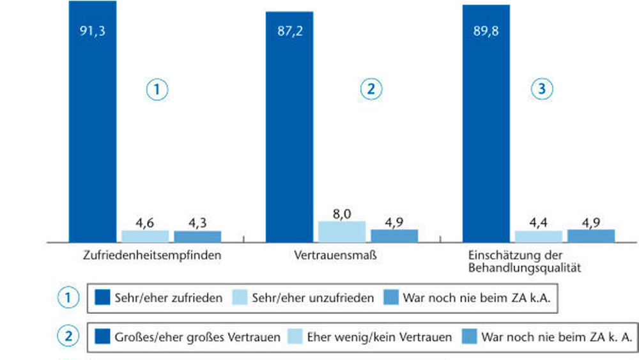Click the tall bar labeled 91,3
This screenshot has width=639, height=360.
click(93, 121)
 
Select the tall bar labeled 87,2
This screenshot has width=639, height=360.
click(289, 127)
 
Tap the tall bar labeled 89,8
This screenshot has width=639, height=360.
click(486, 123)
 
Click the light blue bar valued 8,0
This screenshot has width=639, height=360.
click(342, 232)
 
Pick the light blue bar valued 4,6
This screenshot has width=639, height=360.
click(145, 237)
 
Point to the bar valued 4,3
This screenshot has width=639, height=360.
click(197, 237)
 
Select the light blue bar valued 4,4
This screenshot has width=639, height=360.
click(539, 237)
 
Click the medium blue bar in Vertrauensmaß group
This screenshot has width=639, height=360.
click(394, 236)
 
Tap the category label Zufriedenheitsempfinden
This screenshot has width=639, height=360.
click(152, 256)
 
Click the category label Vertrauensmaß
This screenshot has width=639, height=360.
click(335, 255)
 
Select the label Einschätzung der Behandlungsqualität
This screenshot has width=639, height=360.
click(525, 262)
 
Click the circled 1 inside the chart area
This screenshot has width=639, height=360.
click(157, 90)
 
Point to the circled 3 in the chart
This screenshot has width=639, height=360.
click(542, 89)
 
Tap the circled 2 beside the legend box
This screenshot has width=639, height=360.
click(68, 336)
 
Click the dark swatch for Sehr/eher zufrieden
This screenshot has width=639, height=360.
click(102, 297)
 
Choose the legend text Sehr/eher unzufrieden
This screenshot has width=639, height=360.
click(313, 298)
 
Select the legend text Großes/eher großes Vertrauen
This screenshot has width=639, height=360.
click(197, 338)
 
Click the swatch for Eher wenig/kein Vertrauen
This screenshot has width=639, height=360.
click(295, 337)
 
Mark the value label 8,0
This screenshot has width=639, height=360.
click(342, 214)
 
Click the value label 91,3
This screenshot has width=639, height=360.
click(93, 31)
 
